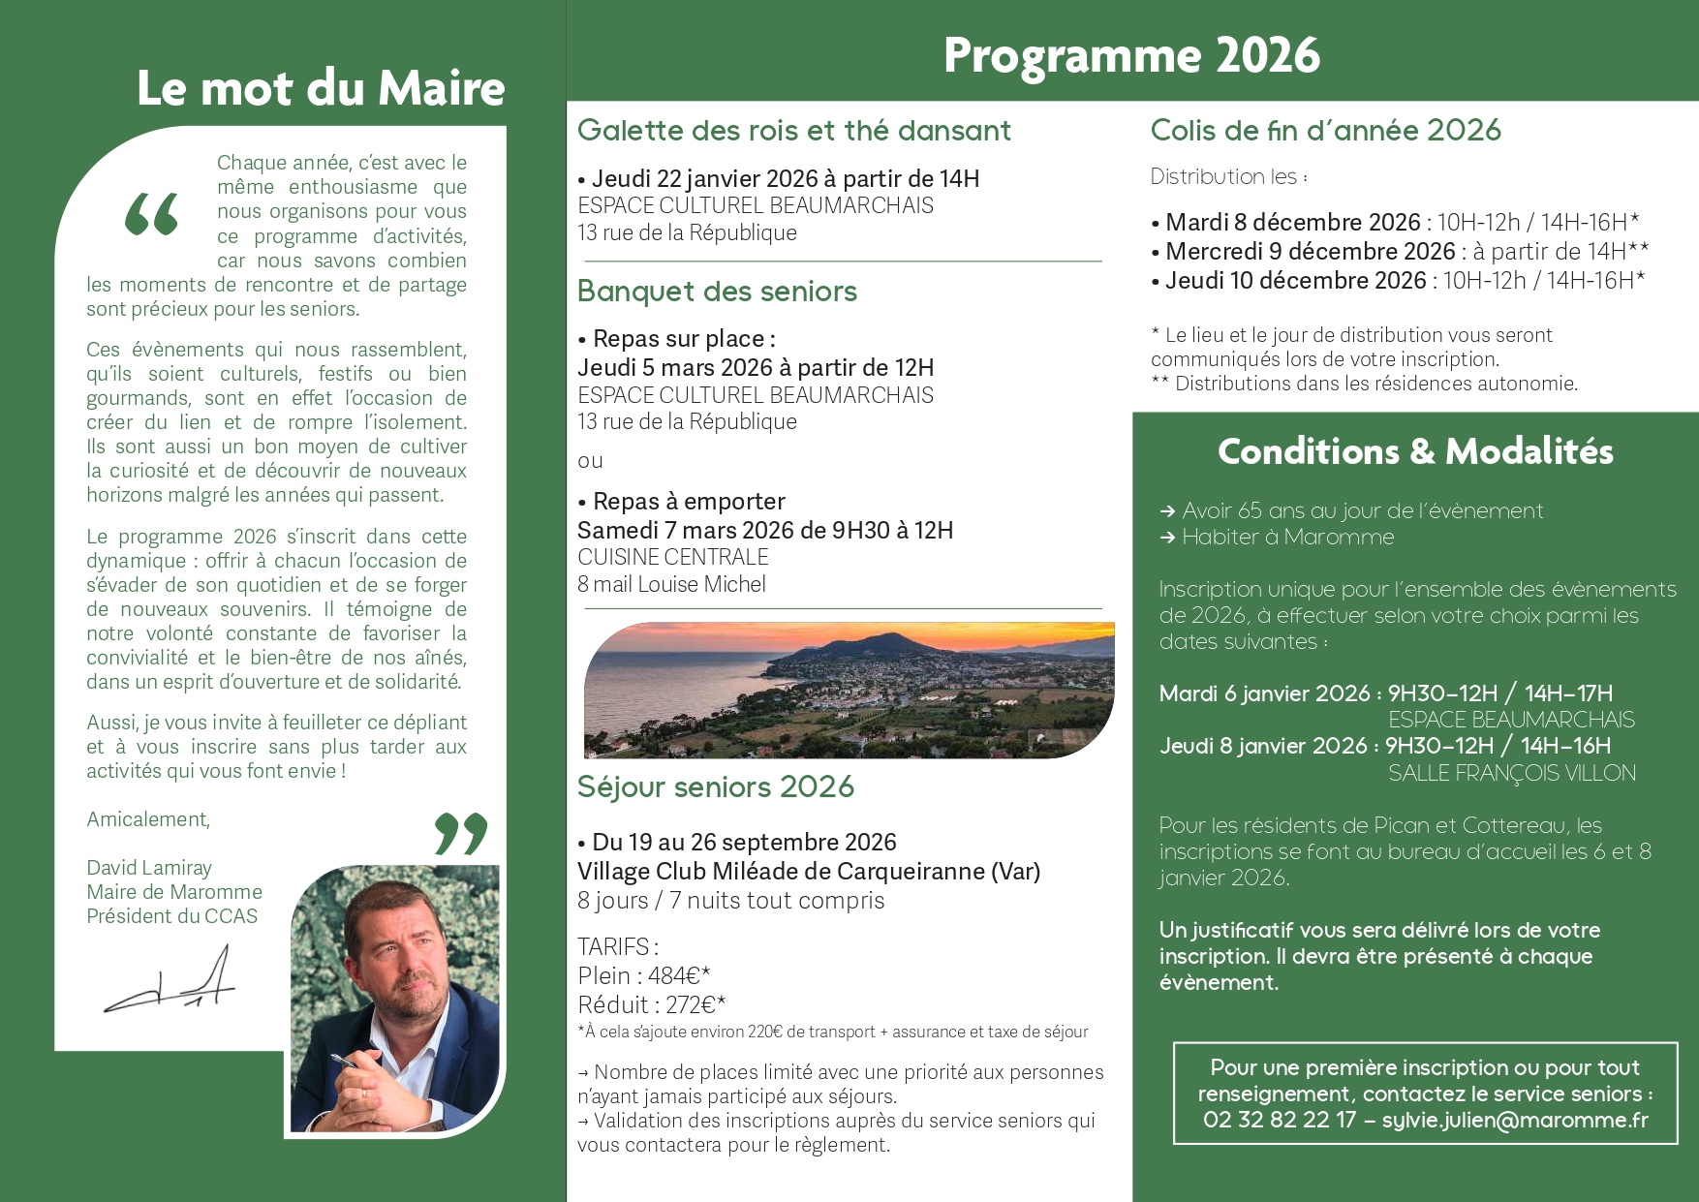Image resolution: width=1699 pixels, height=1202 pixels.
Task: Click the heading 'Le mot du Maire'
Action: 321,88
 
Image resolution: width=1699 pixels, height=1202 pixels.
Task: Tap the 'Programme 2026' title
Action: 1130,55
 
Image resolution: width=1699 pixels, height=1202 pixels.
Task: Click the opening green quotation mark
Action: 152,214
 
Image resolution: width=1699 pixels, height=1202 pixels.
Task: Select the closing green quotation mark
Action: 461,833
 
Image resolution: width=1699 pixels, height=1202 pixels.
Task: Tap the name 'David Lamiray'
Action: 149,868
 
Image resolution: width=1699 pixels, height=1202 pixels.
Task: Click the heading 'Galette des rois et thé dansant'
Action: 793,131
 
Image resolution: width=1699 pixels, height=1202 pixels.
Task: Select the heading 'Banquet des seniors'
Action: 717,292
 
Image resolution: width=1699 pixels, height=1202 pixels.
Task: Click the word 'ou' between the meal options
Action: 590,461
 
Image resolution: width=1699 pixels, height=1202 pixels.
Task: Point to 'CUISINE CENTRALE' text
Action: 672,557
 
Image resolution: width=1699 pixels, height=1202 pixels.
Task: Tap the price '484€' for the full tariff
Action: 675,975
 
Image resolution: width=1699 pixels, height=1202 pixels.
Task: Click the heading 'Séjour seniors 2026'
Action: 715,786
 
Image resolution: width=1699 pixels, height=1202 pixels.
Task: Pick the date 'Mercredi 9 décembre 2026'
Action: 1310,252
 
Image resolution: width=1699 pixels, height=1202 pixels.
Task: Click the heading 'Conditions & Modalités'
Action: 1414,451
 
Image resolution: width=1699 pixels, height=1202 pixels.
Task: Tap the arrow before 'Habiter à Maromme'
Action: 1167,538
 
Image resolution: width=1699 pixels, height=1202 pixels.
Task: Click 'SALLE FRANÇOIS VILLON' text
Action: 1511,773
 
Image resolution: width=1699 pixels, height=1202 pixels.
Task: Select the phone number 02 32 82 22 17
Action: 1279,1120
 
